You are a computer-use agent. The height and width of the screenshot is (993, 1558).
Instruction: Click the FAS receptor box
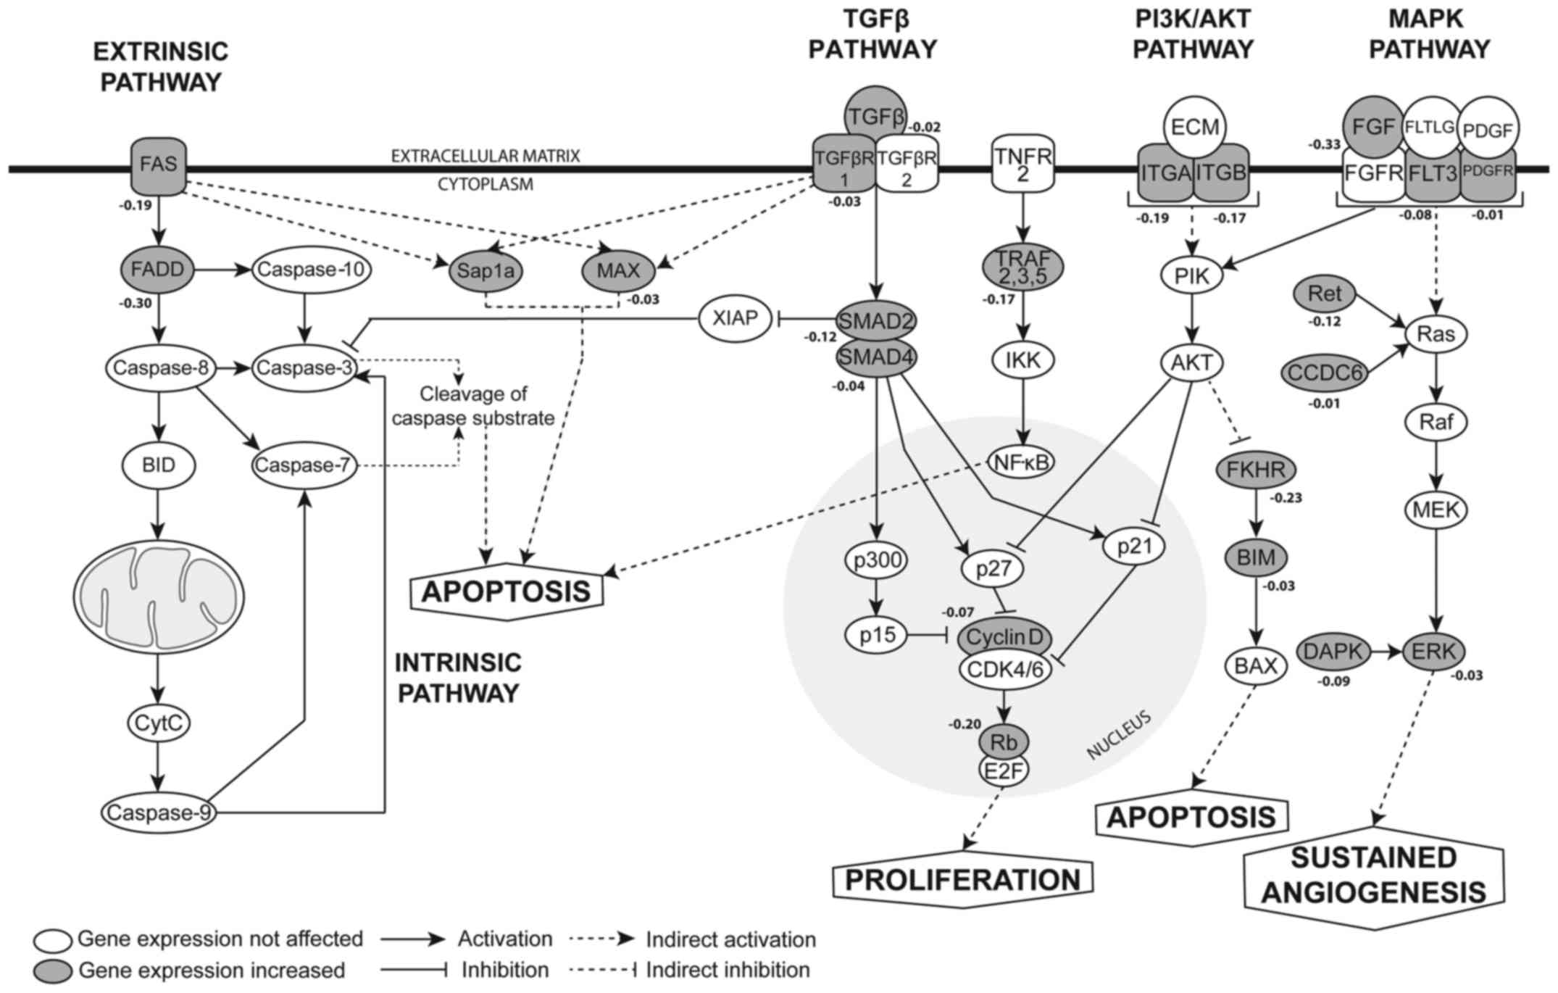(158, 166)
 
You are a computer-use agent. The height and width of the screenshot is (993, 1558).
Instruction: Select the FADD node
(158, 270)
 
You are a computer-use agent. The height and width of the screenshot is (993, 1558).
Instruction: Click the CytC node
(159, 723)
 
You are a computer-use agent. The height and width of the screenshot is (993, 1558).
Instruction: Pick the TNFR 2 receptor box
(1022, 165)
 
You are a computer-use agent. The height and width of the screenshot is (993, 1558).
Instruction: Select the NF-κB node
(1022, 462)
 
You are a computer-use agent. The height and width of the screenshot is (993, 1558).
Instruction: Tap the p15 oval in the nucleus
(877, 636)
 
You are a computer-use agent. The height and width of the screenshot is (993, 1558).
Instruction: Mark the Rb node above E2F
(1004, 741)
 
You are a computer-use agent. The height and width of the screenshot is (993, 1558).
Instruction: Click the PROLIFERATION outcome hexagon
(962, 880)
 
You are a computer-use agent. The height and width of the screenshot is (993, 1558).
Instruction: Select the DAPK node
(1333, 651)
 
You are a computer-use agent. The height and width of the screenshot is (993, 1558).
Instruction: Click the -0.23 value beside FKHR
(1286, 498)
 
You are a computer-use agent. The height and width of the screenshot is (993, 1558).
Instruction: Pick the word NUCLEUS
(1119, 736)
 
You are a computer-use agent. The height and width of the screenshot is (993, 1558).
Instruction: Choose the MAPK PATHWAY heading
(1428, 34)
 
